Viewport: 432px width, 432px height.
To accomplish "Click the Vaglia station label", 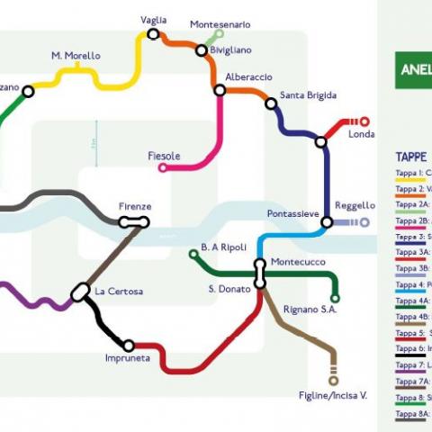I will (154, 20).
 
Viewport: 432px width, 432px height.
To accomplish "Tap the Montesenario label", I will (220, 24).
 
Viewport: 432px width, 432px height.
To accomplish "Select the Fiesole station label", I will (164, 156).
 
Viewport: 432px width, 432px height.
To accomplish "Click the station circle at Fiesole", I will (164, 166).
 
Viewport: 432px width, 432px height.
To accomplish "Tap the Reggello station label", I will (355, 205).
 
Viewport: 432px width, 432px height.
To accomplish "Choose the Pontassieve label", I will (293, 213).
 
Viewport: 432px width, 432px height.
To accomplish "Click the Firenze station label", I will (135, 207).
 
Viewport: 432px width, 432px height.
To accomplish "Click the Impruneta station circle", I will (129, 346).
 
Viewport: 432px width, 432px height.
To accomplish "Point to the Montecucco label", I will (297, 258).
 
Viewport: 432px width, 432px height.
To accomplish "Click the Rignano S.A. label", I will (310, 310).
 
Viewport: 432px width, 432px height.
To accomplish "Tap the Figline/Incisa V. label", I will (333, 396).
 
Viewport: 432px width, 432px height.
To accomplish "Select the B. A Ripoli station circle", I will (193, 255).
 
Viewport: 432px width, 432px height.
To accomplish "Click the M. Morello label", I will (76, 56).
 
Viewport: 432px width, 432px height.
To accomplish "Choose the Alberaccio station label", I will (248, 77).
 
